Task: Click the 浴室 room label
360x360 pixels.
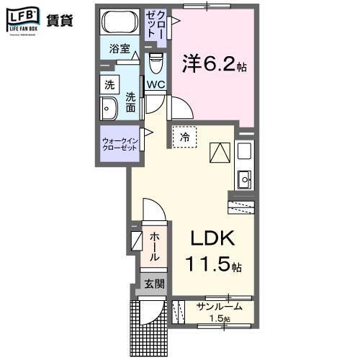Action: [120, 50]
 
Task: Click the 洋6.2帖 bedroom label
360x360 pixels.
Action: [215, 66]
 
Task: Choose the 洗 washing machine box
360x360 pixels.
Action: [109, 84]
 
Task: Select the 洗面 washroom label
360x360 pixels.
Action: [130, 102]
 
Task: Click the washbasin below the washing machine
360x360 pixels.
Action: [109, 109]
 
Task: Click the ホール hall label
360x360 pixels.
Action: [154, 246]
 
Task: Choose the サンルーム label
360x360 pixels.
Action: [219, 306]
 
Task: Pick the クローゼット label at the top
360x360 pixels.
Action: [159, 27]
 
